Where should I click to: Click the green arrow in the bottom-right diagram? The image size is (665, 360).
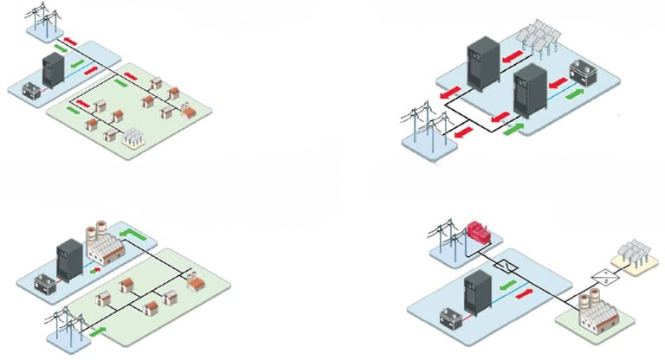coord(508,282)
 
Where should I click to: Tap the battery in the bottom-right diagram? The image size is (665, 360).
coord(452,318)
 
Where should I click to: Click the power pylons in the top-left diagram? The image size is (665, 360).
coord(42,19)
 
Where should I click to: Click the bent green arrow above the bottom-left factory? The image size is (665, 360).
coord(130,235)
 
